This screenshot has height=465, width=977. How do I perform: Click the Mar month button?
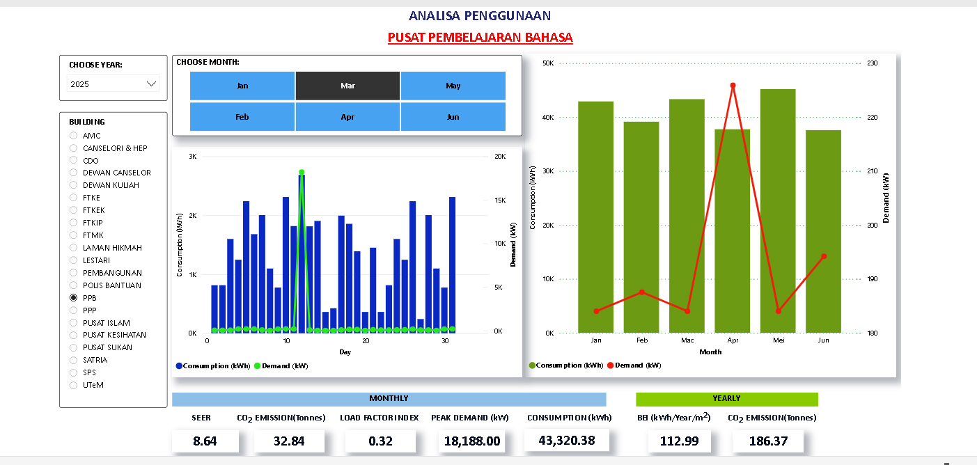[347, 86]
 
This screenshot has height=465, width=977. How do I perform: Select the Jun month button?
[453, 117]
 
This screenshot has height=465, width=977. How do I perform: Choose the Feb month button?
[242, 117]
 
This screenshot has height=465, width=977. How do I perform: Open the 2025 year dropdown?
[114, 84]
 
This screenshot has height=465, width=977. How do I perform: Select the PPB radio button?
[74, 298]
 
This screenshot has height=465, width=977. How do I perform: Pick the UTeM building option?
[74, 385]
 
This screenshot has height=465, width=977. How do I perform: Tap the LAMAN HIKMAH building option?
[74, 248]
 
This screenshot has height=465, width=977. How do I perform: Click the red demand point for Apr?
[733, 86]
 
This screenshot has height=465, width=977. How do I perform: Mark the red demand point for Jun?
[824, 256]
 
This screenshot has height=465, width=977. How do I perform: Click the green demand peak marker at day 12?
[302, 172]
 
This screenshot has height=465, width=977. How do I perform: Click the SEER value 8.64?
[205, 441]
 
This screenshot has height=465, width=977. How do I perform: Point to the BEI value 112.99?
[679, 441]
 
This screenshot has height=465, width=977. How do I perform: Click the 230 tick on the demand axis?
[872, 63]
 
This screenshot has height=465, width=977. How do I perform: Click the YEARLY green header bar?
[726, 399]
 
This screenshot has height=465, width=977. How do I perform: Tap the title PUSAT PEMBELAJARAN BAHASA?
[480, 37]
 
